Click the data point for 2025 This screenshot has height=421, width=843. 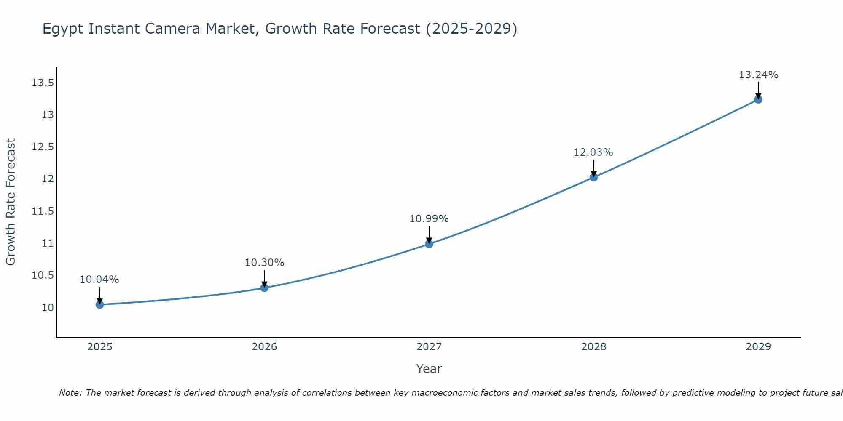(x=99, y=304)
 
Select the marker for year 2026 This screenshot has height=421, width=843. (x=264, y=288)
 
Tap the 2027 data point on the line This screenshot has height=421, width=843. (x=429, y=244)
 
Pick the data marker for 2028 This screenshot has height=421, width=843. (x=593, y=177)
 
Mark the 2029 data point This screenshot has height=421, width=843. (x=758, y=99)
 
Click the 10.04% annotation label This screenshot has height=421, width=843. (x=99, y=280)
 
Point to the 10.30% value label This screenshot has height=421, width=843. (x=264, y=263)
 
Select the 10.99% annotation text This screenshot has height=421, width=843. (x=429, y=219)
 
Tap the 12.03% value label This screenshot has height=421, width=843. (x=593, y=152)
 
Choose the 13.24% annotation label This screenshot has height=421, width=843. (x=758, y=75)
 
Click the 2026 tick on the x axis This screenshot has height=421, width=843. (x=264, y=347)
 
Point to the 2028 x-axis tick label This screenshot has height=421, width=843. (x=593, y=347)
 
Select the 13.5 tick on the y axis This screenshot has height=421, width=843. (x=43, y=83)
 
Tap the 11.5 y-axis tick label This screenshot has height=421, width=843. (x=43, y=211)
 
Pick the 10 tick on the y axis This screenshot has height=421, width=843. (x=48, y=307)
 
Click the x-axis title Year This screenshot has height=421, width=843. (x=429, y=369)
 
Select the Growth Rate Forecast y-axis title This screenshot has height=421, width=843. (x=11, y=202)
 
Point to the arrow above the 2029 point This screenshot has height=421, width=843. (x=758, y=89)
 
